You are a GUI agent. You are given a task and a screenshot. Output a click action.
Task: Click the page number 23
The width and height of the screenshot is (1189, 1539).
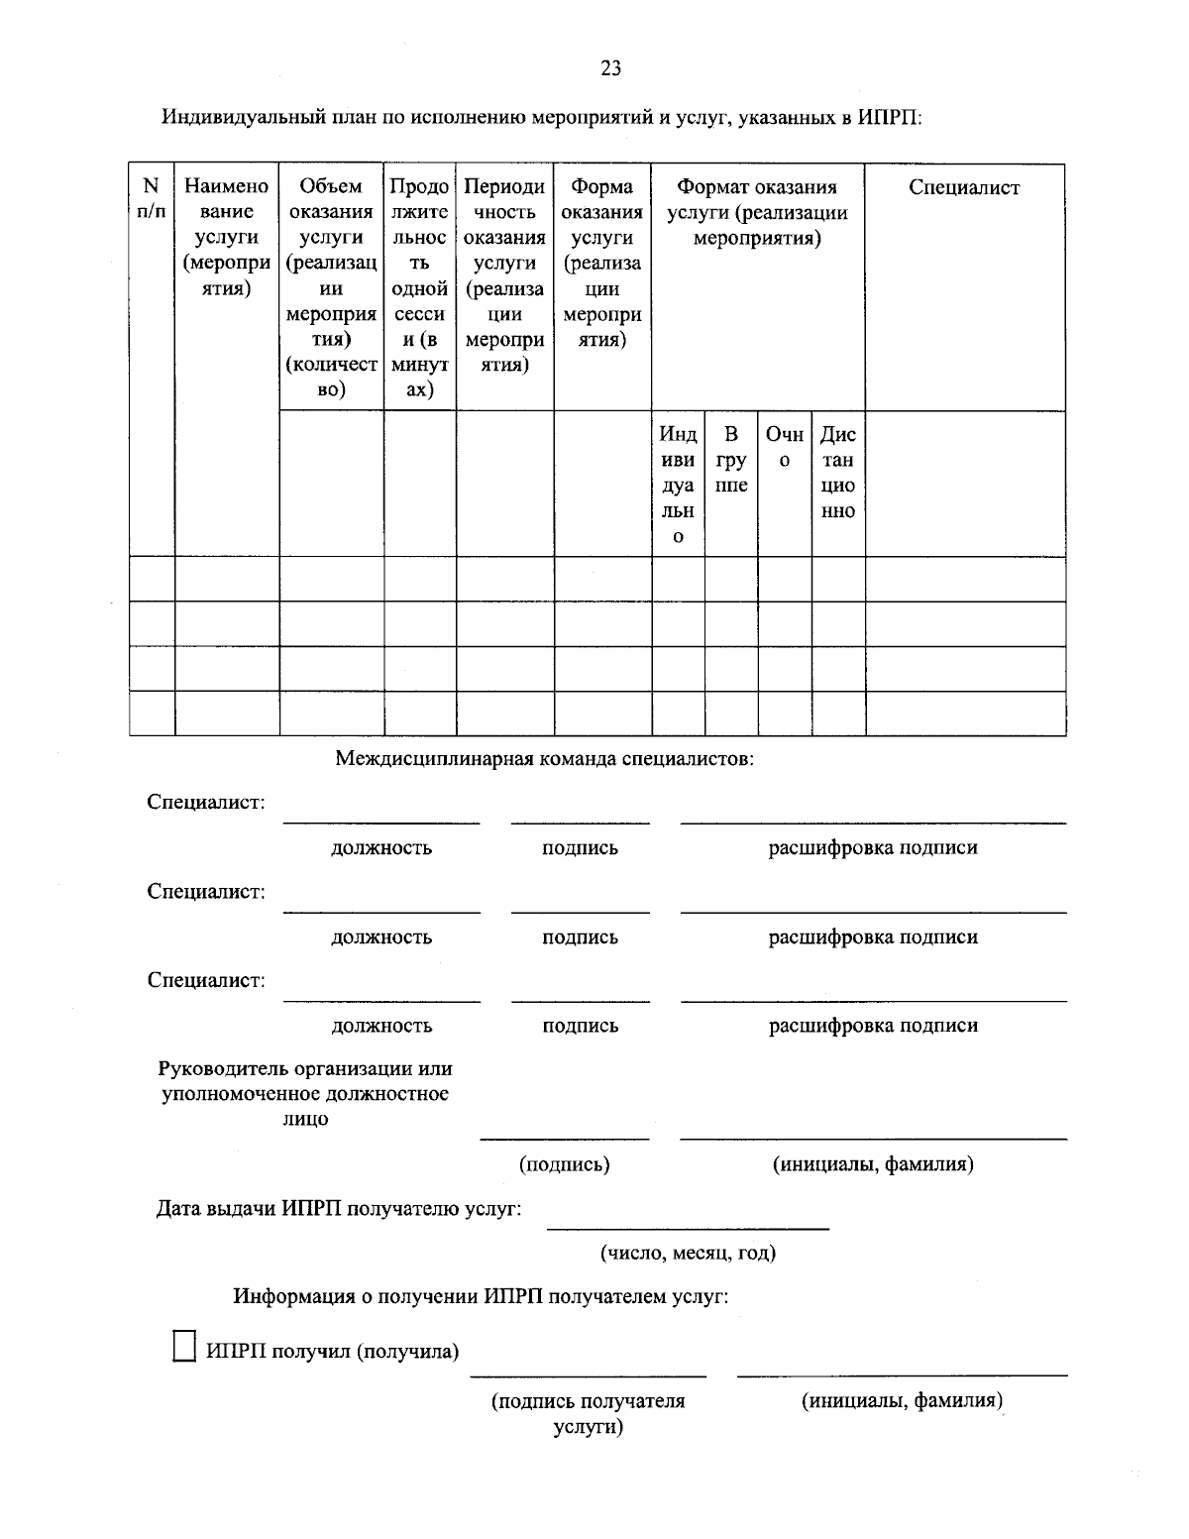(610, 68)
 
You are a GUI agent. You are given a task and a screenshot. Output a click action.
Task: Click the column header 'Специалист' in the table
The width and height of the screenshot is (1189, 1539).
(964, 188)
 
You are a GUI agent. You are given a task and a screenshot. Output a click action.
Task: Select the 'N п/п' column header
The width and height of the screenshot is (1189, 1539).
(151, 198)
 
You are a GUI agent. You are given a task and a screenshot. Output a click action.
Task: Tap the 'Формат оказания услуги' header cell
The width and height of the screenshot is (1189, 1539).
(757, 212)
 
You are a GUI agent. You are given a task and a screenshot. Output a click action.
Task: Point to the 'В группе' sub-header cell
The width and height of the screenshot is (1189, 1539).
(731, 460)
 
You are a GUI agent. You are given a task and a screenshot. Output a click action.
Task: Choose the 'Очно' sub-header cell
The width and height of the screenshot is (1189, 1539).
(785, 447)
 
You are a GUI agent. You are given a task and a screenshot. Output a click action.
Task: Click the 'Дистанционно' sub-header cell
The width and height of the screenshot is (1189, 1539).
(838, 473)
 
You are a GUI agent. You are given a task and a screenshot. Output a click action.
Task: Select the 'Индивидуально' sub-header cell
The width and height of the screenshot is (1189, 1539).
(678, 486)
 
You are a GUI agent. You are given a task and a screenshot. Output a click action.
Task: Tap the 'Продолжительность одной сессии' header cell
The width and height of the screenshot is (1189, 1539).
(419, 287)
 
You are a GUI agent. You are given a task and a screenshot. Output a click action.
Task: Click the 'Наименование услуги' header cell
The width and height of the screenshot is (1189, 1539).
(227, 237)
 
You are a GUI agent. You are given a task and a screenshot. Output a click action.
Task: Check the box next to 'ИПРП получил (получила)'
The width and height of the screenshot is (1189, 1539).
(184, 1347)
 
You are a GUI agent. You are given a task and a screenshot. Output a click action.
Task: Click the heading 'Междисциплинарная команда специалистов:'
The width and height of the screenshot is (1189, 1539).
(544, 760)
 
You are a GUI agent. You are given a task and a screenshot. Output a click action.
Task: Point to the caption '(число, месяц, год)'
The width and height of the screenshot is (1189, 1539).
(688, 1253)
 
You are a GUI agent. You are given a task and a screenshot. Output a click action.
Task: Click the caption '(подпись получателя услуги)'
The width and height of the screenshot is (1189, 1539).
(589, 1413)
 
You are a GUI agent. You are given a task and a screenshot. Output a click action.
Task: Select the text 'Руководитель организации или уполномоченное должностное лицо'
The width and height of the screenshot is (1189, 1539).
(305, 1094)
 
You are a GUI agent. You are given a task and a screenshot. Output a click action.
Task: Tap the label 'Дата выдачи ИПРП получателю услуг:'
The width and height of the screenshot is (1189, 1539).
(339, 1209)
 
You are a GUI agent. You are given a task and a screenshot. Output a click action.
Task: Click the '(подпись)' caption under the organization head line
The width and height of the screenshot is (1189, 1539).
(565, 1164)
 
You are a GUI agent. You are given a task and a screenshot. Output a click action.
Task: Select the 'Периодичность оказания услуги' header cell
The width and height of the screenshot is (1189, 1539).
(504, 275)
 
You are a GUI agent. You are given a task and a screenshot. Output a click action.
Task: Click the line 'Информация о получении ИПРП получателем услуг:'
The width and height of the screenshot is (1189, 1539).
(481, 1296)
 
